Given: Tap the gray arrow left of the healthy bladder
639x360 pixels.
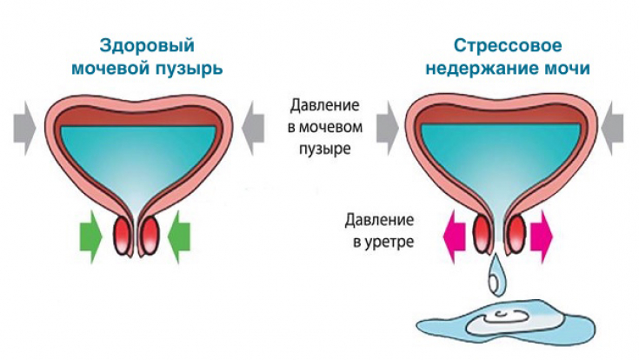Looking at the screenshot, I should [23, 127].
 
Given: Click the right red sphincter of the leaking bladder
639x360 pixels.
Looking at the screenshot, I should [514, 234].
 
